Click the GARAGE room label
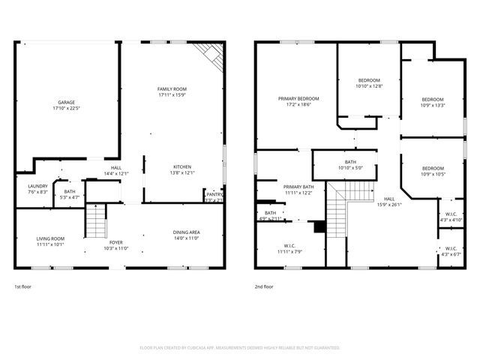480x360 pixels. (67, 103)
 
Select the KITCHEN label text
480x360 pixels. (183, 166)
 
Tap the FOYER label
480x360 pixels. (115, 242)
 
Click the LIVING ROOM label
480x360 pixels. (51, 238)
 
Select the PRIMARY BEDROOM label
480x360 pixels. (298, 99)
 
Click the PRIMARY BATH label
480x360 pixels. (298, 187)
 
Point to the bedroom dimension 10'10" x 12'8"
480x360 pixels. (369, 86)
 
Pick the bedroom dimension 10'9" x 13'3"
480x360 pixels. (432, 106)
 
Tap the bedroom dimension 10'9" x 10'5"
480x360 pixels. (432, 174)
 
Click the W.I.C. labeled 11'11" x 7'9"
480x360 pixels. (289, 251)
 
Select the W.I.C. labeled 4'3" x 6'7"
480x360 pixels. (451, 254)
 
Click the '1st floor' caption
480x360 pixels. (23, 286)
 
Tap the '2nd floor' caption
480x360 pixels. (264, 286)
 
